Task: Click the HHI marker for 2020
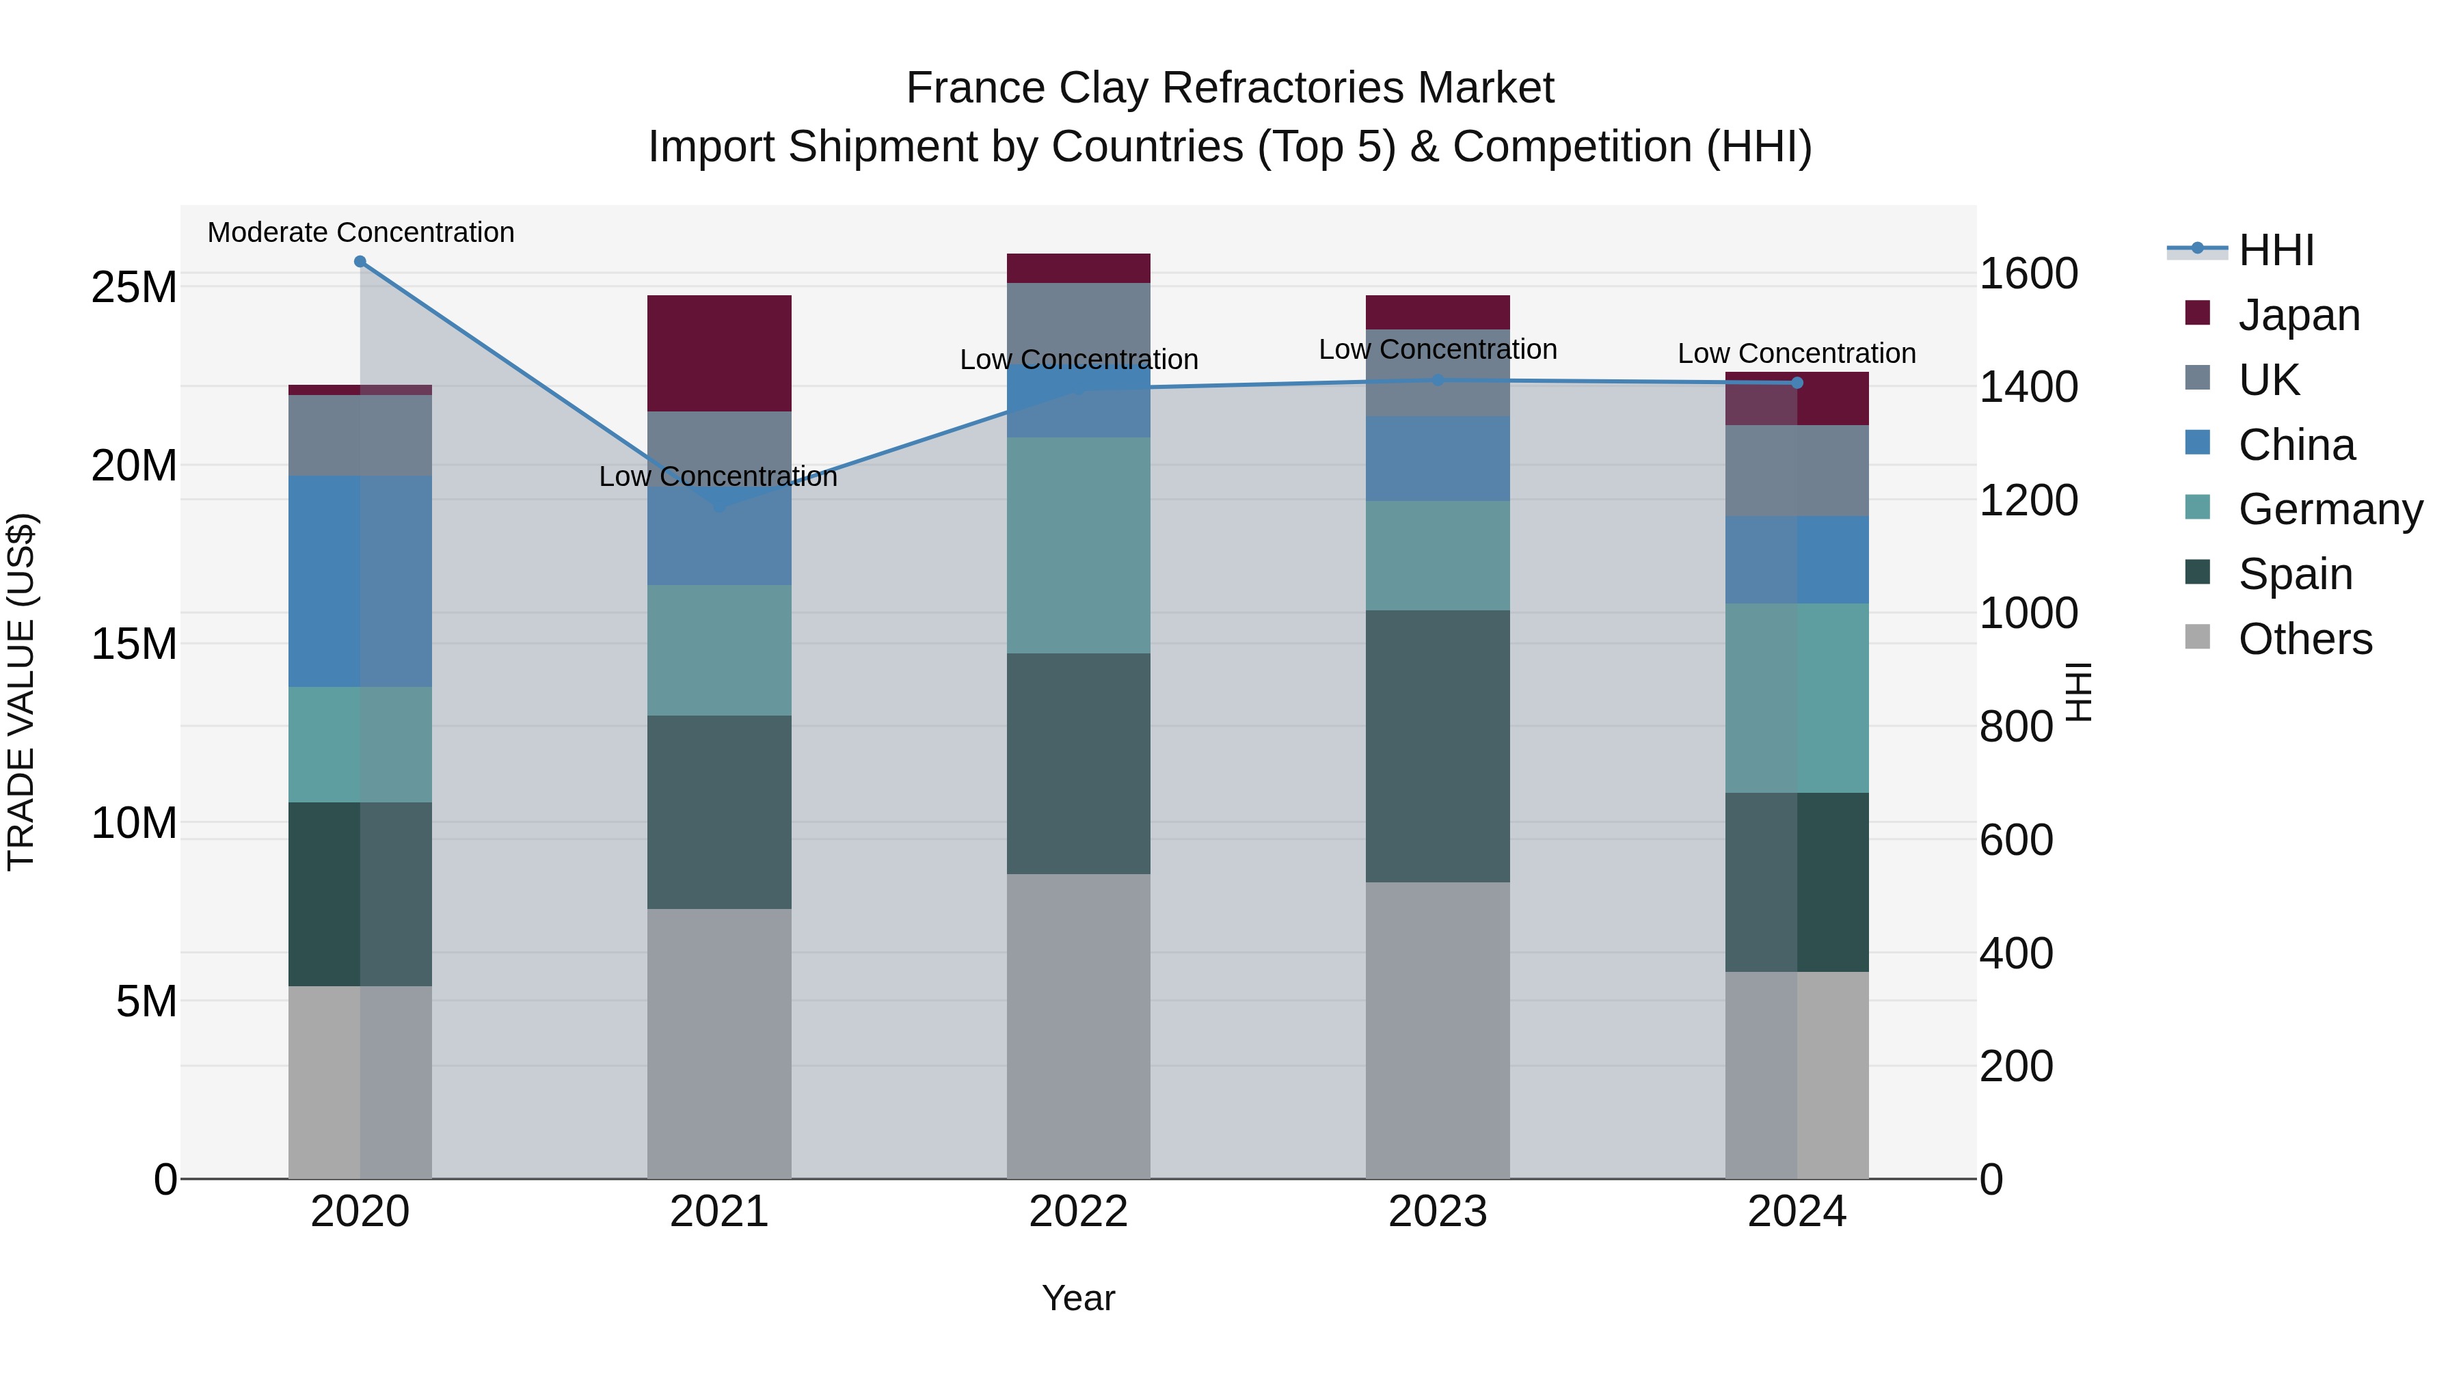click(360, 262)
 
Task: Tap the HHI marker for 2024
click(1797, 383)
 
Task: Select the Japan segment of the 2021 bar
click(719, 353)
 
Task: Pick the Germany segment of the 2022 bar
click(1079, 545)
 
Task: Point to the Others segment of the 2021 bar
click(719, 1043)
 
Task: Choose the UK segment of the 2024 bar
click(1797, 471)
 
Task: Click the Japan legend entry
click(2298, 315)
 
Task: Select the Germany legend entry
click(2329, 509)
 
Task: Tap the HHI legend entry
click(2276, 250)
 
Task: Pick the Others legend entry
click(2304, 639)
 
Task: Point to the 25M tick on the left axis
click(134, 288)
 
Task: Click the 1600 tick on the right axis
click(2028, 274)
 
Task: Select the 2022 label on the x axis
click(1079, 1212)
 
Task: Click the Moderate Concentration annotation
click(361, 232)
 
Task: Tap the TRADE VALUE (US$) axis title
click(22, 692)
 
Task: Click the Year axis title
click(1079, 1298)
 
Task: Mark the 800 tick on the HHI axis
click(2016, 727)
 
